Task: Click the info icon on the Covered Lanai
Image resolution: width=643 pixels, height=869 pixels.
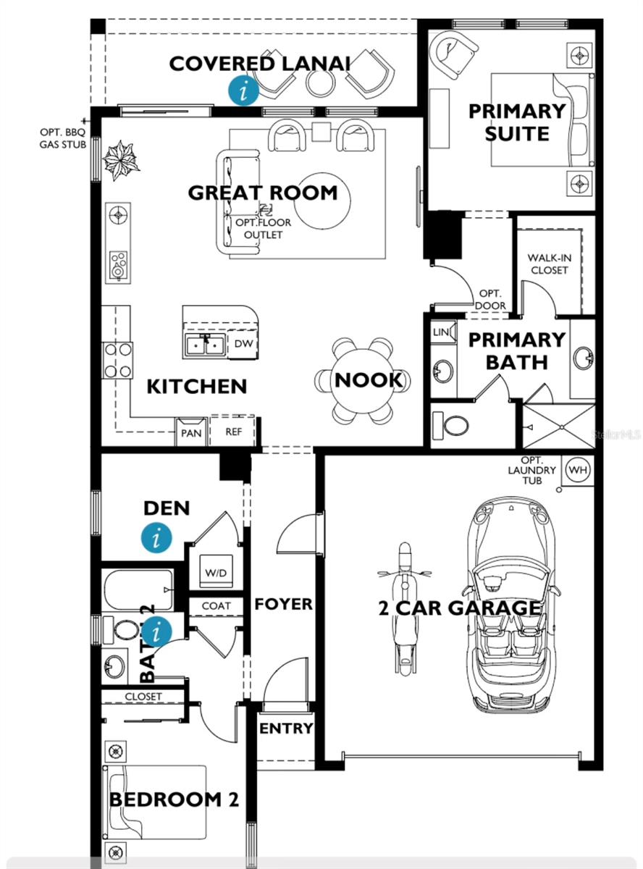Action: [x=244, y=91]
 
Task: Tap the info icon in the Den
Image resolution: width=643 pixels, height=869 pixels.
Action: [x=157, y=538]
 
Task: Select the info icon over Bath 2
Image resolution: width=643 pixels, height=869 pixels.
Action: [x=157, y=632]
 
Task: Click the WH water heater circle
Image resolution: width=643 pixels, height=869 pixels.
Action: [x=576, y=469]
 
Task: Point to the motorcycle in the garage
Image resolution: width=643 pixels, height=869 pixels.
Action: [x=405, y=608]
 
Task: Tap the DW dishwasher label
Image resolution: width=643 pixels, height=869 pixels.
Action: [x=243, y=345]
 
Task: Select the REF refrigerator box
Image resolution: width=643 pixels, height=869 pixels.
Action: [x=232, y=432]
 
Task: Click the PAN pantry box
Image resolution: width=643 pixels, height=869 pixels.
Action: [x=192, y=432]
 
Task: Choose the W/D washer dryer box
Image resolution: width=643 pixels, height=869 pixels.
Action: [x=215, y=573]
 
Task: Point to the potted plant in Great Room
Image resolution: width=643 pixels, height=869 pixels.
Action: [x=120, y=159]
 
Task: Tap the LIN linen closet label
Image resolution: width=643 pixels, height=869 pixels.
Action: [x=441, y=332]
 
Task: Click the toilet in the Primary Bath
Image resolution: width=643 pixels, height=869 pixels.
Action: [x=453, y=424]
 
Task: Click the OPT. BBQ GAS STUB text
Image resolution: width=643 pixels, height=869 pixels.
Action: [x=63, y=138]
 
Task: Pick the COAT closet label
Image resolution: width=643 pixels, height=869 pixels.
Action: [x=217, y=605]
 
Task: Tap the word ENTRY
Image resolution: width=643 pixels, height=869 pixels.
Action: [x=286, y=729]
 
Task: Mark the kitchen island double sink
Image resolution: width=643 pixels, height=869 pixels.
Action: [x=205, y=345]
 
